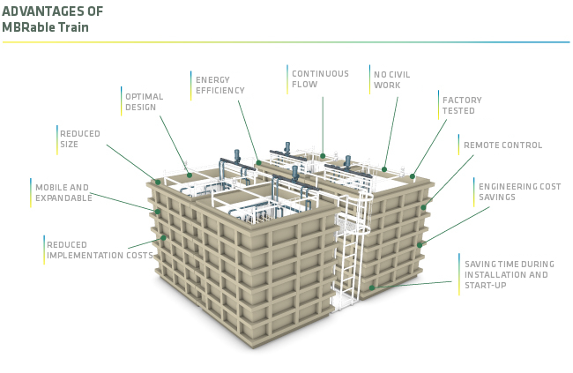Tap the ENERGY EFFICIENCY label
[220, 85]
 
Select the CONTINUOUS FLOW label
[320, 79]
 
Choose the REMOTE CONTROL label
[502, 145]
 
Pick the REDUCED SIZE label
[80, 138]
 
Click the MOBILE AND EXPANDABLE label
[63, 192]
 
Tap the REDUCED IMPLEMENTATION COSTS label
[100, 250]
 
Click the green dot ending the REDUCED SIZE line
[158, 182]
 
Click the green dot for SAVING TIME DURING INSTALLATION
[372, 287]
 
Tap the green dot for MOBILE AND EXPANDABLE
[158, 212]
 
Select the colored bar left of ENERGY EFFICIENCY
[190, 85]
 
